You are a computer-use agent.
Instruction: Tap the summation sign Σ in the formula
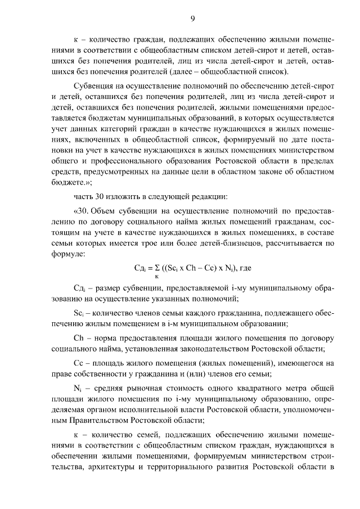(x=157, y=268)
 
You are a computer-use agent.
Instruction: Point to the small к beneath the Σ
(x=157, y=277)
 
